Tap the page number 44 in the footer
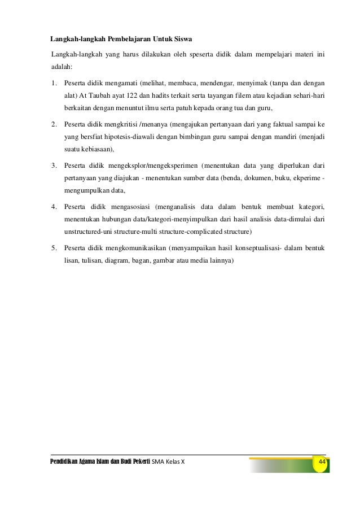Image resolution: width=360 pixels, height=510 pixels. coord(323,462)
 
